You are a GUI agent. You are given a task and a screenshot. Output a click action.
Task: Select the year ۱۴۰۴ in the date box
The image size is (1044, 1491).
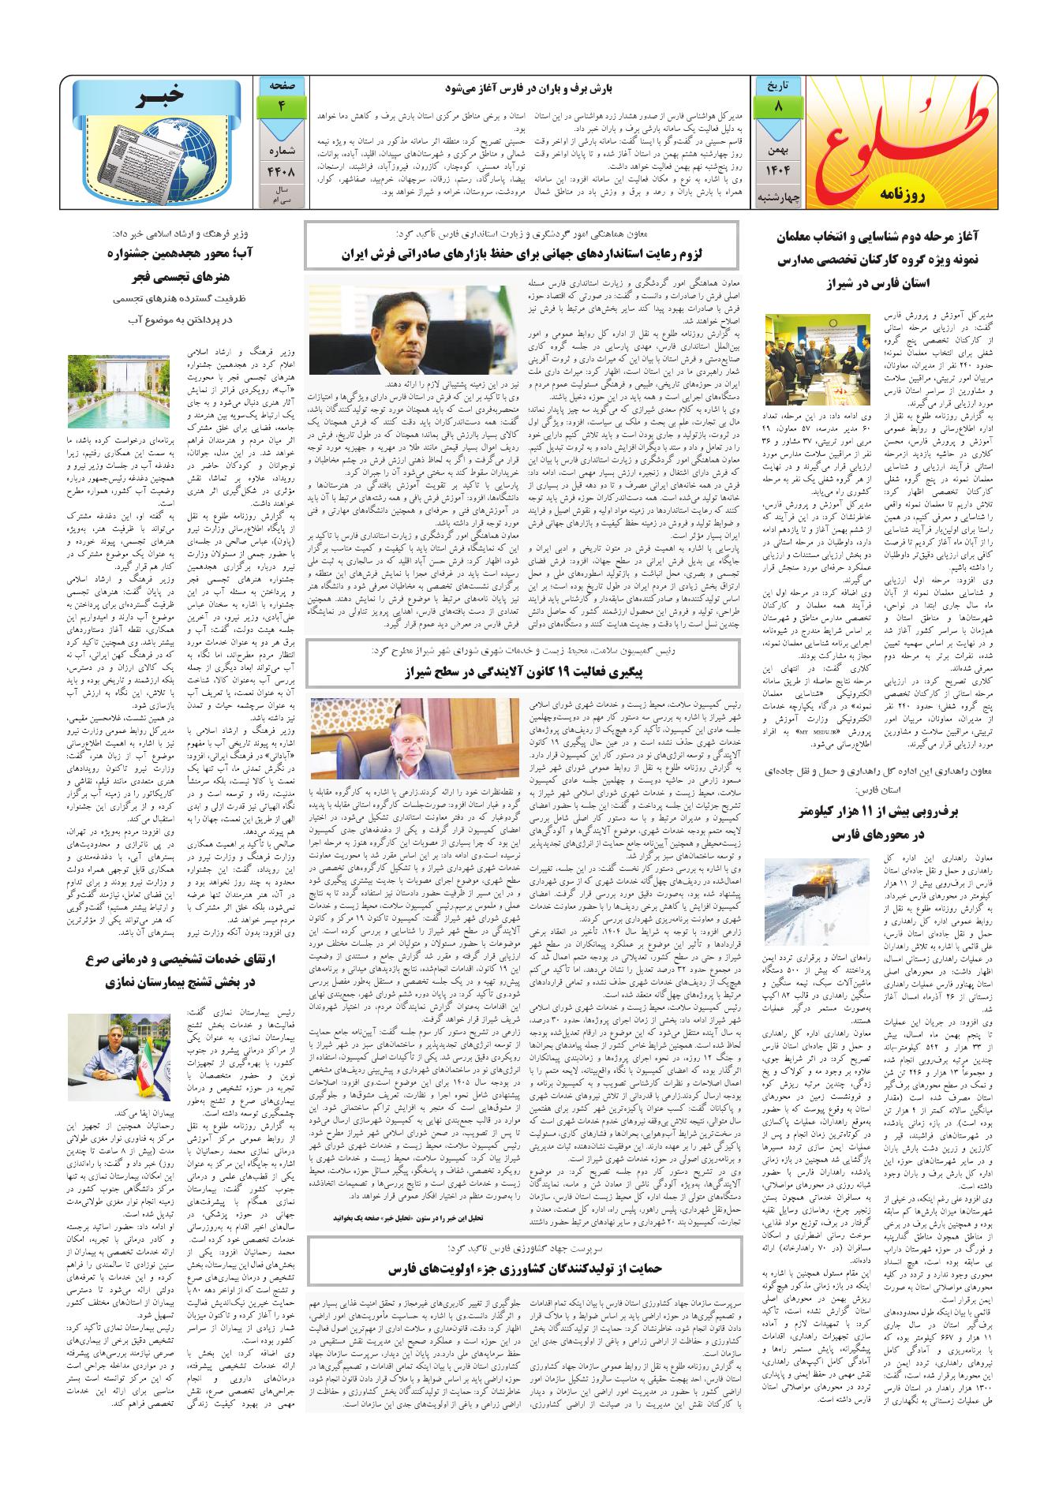(778, 170)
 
